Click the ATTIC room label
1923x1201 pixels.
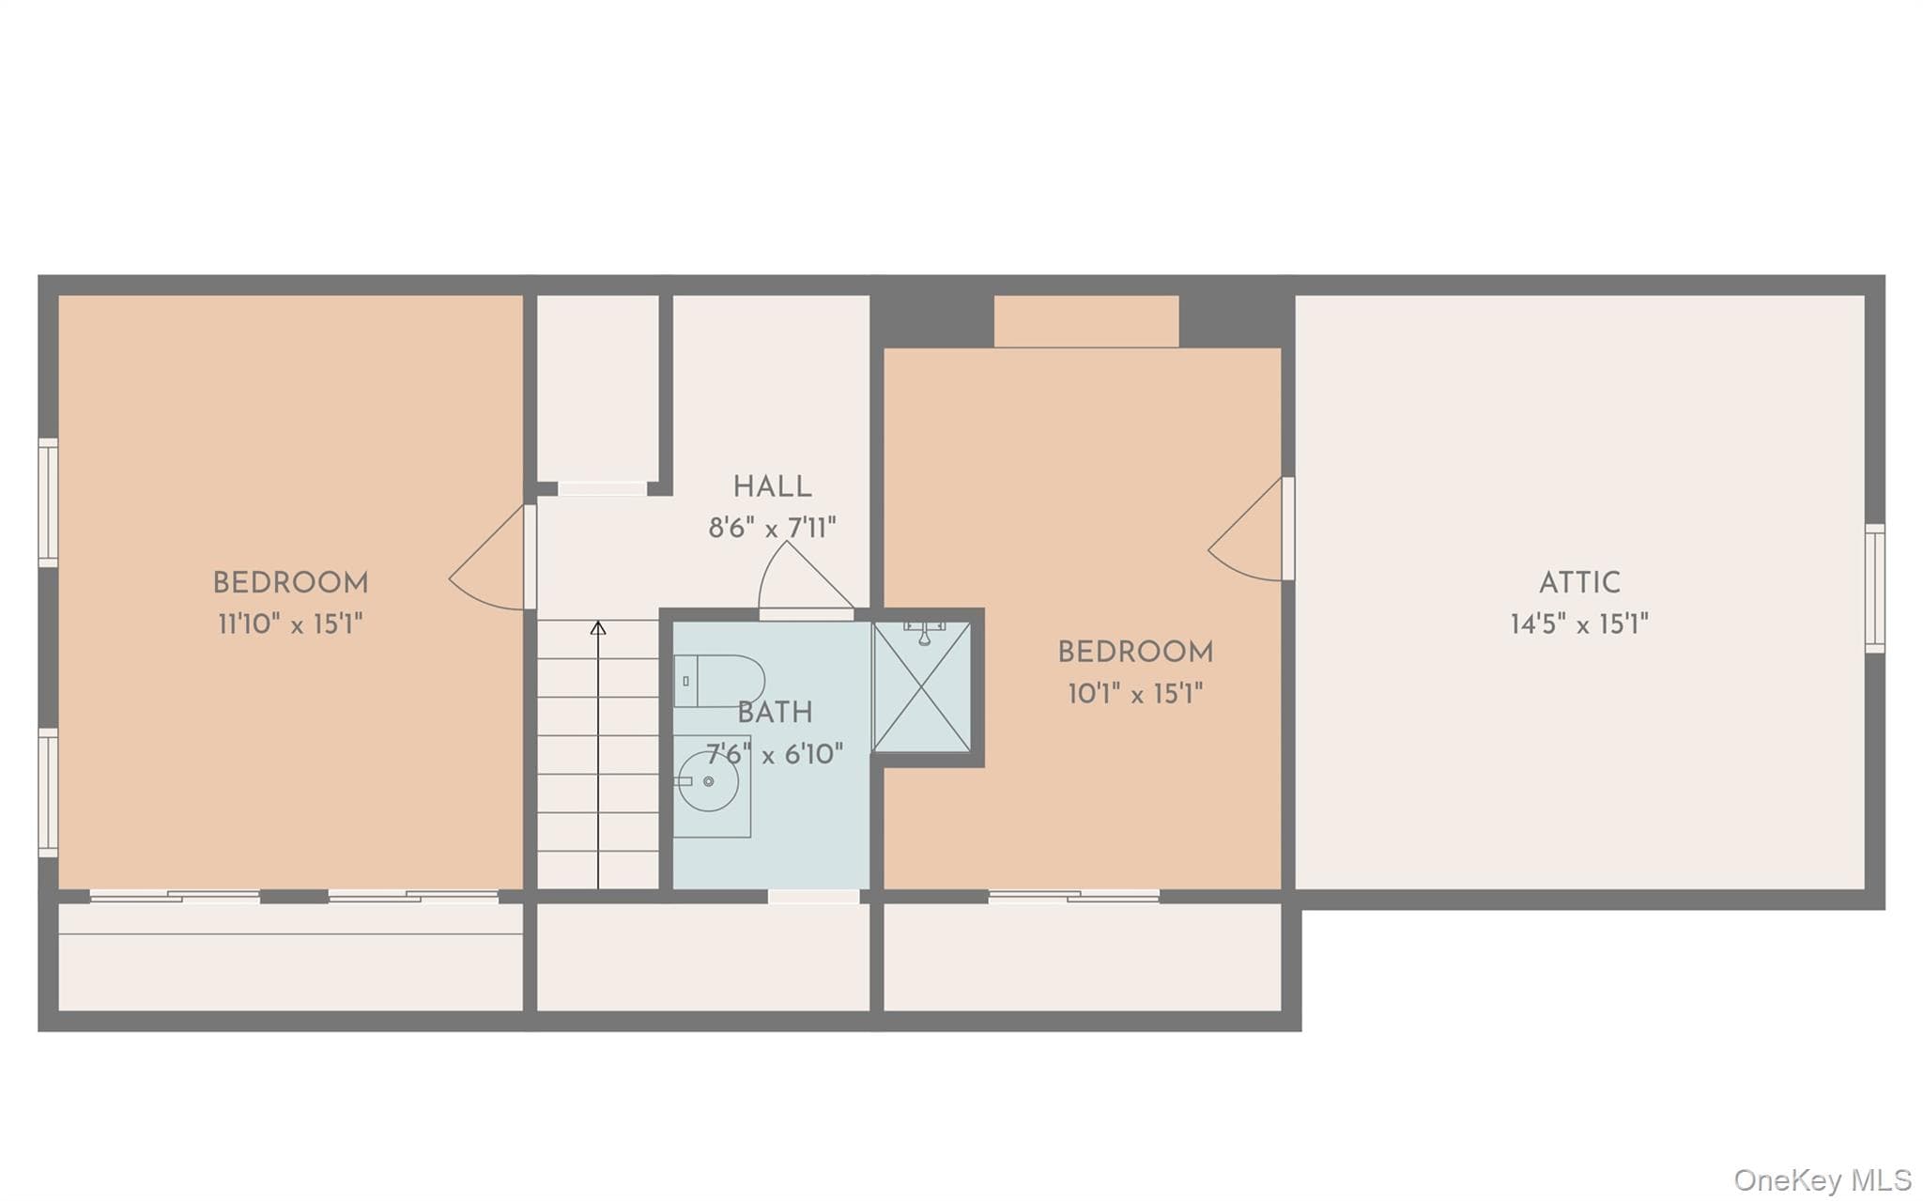(x=1579, y=583)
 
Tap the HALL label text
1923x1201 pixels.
(x=772, y=487)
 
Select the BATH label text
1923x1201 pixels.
(x=775, y=714)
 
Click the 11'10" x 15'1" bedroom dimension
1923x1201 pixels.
(x=290, y=624)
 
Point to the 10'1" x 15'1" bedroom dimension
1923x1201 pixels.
(x=1135, y=694)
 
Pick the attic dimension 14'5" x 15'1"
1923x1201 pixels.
(x=1579, y=624)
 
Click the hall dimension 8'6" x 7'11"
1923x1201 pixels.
(x=772, y=528)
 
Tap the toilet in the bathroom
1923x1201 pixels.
(x=718, y=681)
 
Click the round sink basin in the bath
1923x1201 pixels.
(x=708, y=781)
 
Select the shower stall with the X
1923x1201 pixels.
(x=922, y=686)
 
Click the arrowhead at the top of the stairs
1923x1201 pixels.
(x=598, y=627)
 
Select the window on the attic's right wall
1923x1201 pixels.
(x=1874, y=588)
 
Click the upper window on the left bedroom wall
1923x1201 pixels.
(x=48, y=502)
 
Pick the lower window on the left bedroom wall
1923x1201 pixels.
(x=48, y=793)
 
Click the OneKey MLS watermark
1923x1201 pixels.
(x=1823, y=1179)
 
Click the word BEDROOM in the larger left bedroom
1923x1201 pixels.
(x=290, y=583)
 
